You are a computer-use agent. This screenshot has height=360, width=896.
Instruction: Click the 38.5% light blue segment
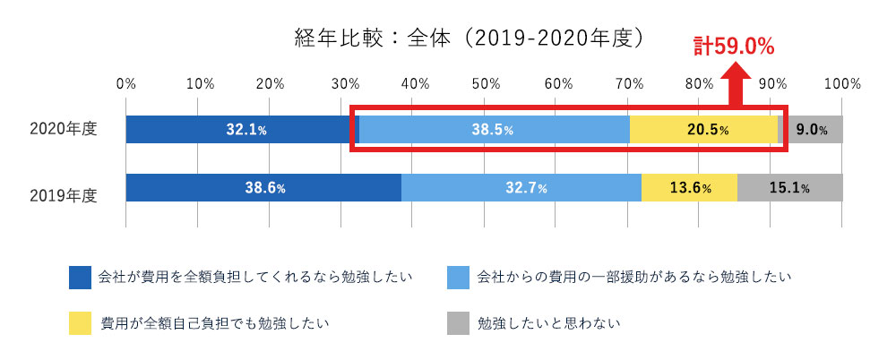(492, 130)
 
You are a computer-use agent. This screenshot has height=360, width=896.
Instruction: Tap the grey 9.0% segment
(811, 130)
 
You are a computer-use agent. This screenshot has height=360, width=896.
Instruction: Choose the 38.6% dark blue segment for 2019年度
(264, 188)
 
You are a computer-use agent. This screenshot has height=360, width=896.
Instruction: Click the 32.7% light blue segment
(521, 188)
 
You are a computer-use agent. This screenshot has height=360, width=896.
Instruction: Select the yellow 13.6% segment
(689, 188)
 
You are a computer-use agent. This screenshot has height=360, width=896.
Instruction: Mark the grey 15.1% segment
(788, 188)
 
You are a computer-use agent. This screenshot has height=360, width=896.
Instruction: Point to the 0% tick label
(125, 84)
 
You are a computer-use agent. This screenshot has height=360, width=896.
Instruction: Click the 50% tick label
(484, 84)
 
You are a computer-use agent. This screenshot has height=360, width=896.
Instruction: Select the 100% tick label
(841, 84)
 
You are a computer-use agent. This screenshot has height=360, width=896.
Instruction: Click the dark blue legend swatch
(81, 277)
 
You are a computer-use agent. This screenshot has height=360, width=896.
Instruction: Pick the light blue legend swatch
(459, 277)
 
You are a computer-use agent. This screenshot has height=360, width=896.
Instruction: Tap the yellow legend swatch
(81, 322)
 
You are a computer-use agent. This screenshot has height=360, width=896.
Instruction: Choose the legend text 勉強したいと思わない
(548, 322)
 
